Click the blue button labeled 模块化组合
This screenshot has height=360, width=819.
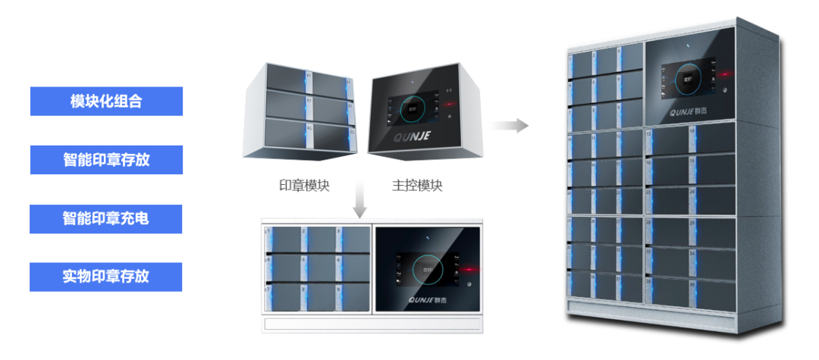point(106,101)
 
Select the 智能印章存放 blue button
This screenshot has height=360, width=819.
point(106,160)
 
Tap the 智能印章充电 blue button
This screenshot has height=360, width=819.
point(106,218)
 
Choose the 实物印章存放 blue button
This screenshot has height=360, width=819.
point(106,277)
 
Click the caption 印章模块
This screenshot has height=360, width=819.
point(304,186)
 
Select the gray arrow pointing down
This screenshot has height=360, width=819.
point(360,202)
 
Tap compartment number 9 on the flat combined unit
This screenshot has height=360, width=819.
point(353,296)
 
